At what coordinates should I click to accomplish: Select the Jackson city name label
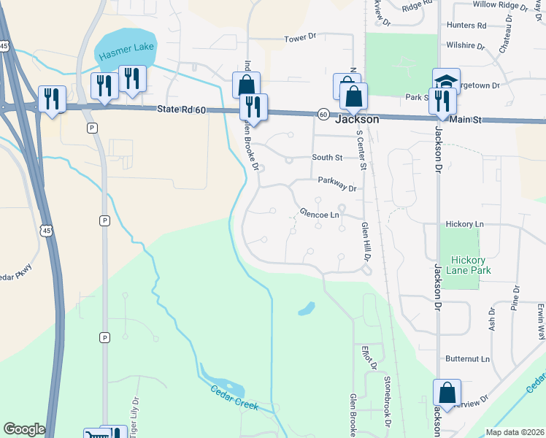pyautogui.click(x=357, y=119)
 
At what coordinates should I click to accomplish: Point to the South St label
pyautogui.click(x=327, y=157)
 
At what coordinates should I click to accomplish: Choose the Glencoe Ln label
pyautogui.click(x=320, y=215)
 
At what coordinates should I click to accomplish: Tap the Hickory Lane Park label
pyautogui.click(x=471, y=265)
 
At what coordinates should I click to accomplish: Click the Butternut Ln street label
pyautogui.click(x=467, y=359)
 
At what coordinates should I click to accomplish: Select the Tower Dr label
pyautogui.click(x=303, y=36)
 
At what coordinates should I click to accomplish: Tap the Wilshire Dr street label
pyautogui.click(x=466, y=45)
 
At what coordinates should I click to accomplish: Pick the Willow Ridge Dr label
pyautogui.click(x=500, y=6)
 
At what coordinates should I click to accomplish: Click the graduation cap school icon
pyautogui.click(x=446, y=81)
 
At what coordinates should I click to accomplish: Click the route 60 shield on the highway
pyautogui.click(x=322, y=113)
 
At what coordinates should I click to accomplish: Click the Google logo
pyautogui.click(x=24, y=429)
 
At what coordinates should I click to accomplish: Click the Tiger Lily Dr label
pyautogui.click(x=134, y=413)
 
